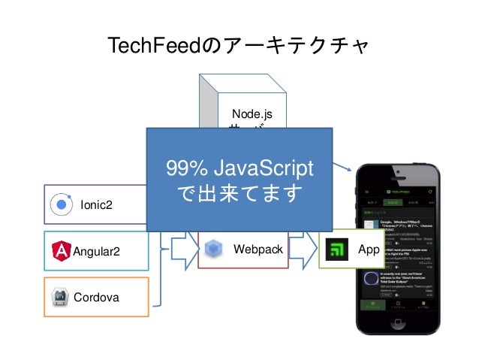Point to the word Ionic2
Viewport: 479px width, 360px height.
click(x=95, y=204)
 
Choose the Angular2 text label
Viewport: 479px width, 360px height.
click(x=96, y=251)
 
